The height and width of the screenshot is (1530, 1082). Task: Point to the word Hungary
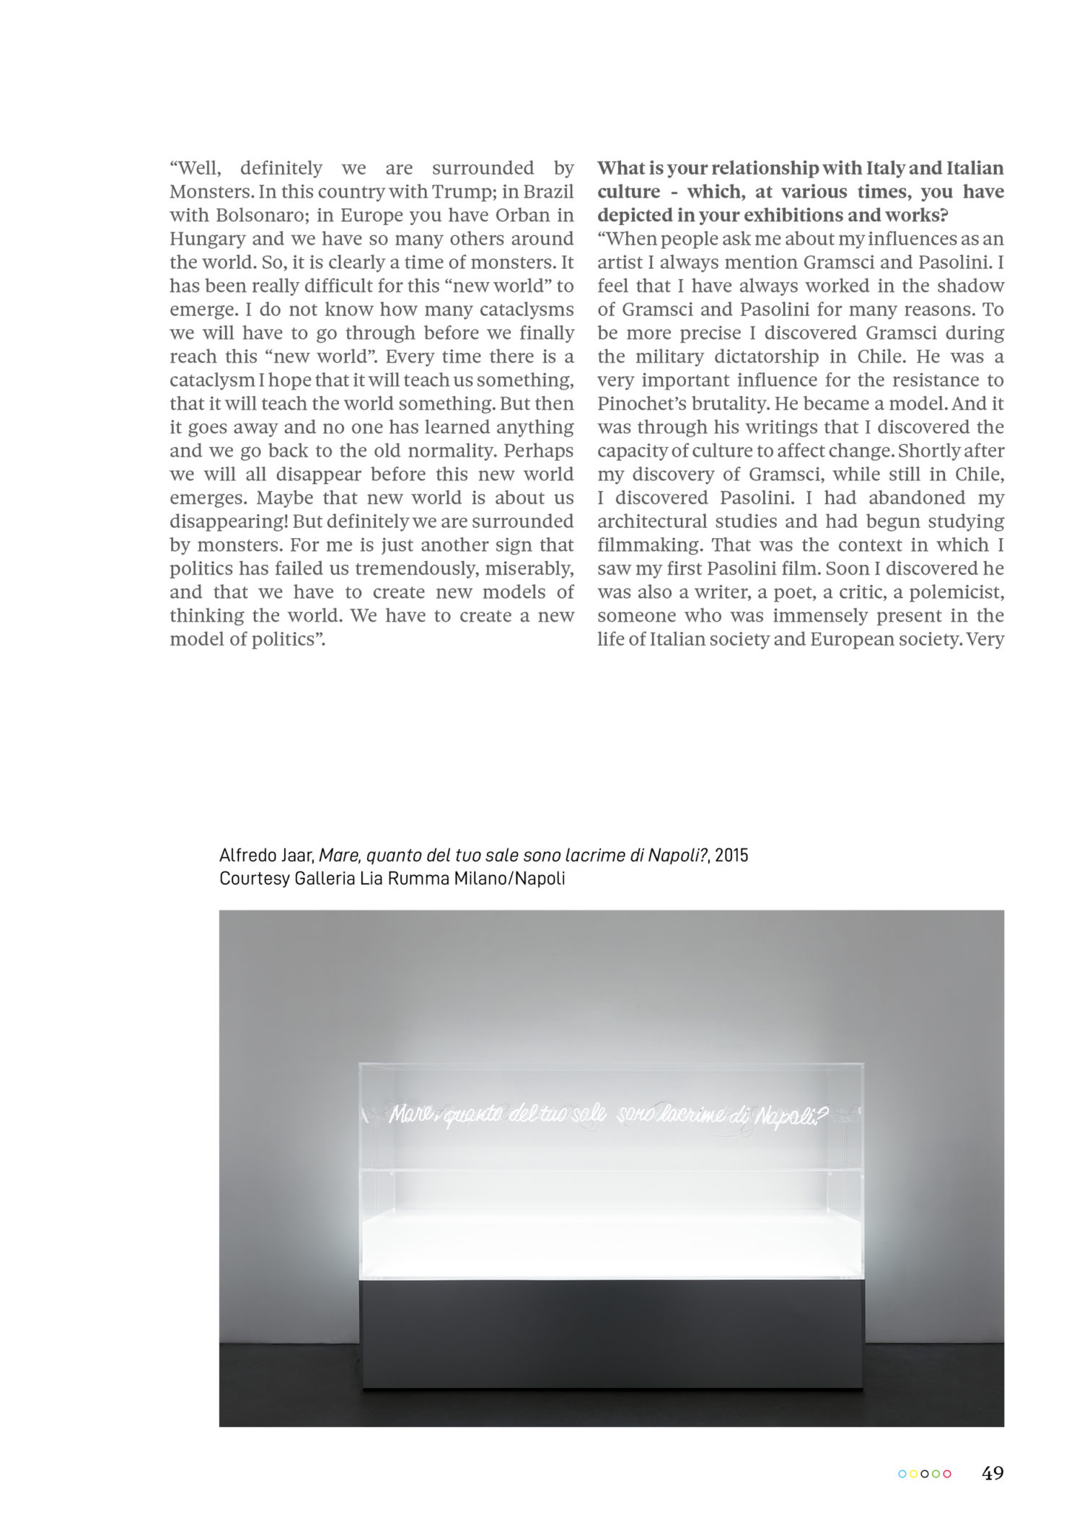pos(205,239)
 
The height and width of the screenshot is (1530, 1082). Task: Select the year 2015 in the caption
pos(731,856)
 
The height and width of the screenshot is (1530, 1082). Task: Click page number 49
pos(993,1473)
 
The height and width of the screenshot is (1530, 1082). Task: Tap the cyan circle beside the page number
pos(902,1474)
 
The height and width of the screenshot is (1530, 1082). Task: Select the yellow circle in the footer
pos(913,1474)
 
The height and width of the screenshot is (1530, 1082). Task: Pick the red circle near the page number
pos(947,1474)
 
